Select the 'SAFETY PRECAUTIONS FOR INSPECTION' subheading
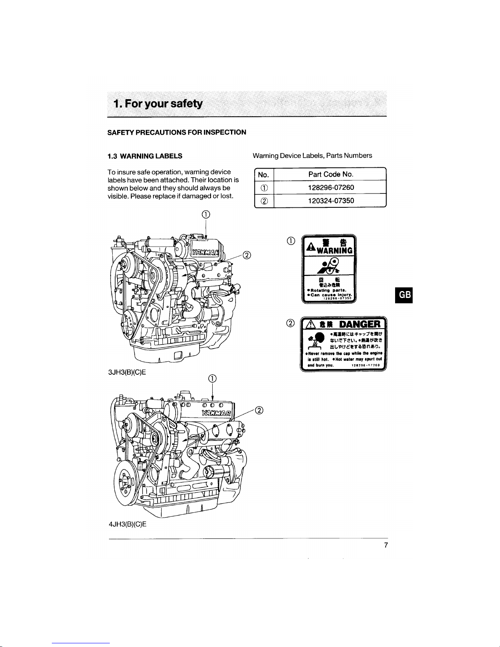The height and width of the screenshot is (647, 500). click(x=176, y=132)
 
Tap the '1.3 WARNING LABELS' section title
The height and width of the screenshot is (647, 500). click(x=144, y=156)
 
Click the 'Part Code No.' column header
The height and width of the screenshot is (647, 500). click(x=331, y=174)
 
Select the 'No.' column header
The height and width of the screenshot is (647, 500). click(x=264, y=175)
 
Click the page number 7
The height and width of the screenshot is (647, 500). click(x=385, y=545)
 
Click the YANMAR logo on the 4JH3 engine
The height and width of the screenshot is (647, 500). click(x=217, y=414)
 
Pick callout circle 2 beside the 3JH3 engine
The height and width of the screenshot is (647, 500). click(x=247, y=256)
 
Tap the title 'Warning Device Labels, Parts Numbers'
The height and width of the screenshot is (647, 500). click(x=312, y=156)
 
